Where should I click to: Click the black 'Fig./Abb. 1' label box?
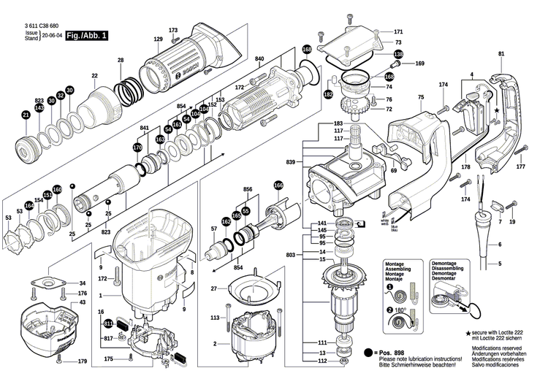pyautogui.click(x=86, y=35)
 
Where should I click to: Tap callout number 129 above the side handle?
pyautogui.click(x=158, y=39)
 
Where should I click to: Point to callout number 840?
pyautogui.click(x=259, y=58)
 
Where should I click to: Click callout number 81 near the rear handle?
pyautogui.click(x=501, y=55)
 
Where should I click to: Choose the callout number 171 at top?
pyautogui.click(x=398, y=32)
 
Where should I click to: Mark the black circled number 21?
pyautogui.click(x=26, y=115)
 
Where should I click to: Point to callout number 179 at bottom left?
pyautogui.click(x=83, y=361)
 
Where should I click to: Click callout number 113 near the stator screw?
pyautogui.click(x=215, y=318)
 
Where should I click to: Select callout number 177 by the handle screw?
pyautogui.click(x=520, y=167)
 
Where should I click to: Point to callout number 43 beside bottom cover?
pyautogui.click(x=83, y=302)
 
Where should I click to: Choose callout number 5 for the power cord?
pyautogui.click(x=501, y=263)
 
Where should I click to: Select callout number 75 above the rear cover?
pyautogui.click(x=420, y=97)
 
